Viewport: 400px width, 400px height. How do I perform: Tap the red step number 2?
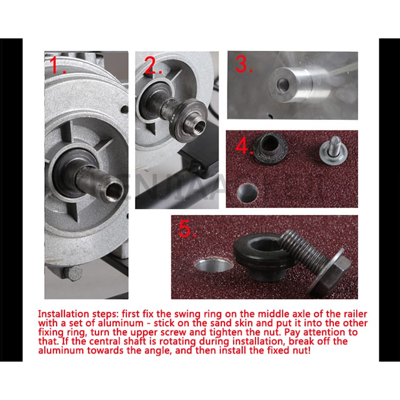(153, 65)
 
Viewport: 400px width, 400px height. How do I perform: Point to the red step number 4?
(244, 146)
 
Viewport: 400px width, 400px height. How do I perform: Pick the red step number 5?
(187, 229)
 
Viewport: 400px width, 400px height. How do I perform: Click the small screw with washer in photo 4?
(333, 150)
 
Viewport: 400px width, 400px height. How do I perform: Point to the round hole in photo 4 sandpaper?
(247, 193)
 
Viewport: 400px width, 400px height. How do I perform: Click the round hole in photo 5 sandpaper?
(213, 265)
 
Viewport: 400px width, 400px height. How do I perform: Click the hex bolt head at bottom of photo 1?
(73, 274)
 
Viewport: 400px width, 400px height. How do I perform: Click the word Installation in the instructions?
(63, 314)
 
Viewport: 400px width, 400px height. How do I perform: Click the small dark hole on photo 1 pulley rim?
(124, 110)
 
